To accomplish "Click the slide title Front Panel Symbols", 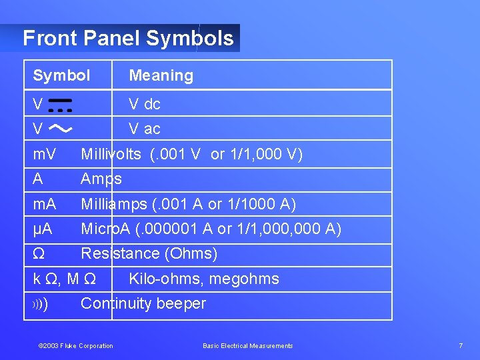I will (x=128, y=38).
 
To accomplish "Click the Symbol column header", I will (x=61, y=75).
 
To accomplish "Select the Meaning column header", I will (x=161, y=75).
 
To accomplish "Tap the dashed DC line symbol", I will (x=61, y=105).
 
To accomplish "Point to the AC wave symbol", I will (x=61, y=127).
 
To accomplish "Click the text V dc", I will (x=145, y=104).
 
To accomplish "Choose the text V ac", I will (x=145, y=129).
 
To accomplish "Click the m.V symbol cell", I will (x=45, y=155).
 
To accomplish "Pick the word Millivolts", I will (x=111, y=155).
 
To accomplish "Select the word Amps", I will (x=101, y=179).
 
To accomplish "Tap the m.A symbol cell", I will (x=45, y=204).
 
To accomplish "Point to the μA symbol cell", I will (x=43, y=229).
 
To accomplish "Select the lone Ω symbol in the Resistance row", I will (x=39, y=254).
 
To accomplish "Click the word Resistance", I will (x=120, y=254).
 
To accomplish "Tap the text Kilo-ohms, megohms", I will (x=203, y=279).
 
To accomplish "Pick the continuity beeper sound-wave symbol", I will (x=40, y=305).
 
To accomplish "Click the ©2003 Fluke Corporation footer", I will (x=76, y=345).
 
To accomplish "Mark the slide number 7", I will (x=461, y=345).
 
